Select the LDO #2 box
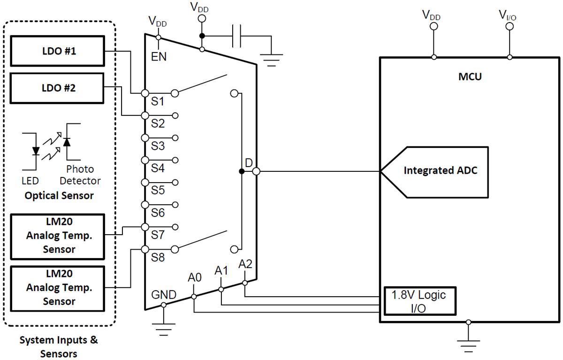(58, 88)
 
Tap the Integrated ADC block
(440, 171)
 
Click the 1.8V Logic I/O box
(419, 302)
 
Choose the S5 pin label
(158, 191)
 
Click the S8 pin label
(158, 257)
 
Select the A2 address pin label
(245, 264)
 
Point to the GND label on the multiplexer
(164, 295)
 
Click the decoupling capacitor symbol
(237, 36)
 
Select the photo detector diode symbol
(67, 141)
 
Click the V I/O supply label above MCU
(509, 15)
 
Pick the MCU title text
(470, 77)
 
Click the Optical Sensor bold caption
(59, 195)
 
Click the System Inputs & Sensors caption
(59, 346)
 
